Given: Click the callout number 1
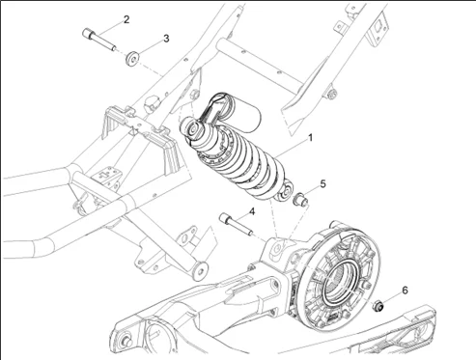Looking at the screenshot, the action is click(x=310, y=138).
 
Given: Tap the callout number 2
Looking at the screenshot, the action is click(x=126, y=19).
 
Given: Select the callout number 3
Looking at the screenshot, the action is click(x=166, y=39).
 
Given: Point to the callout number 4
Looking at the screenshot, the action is click(x=252, y=211).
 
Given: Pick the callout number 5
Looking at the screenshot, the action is click(x=322, y=184).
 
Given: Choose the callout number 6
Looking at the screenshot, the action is click(x=405, y=291).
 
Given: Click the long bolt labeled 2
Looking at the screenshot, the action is click(x=99, y=40).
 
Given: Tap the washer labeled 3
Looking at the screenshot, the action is click(x=132, y=59).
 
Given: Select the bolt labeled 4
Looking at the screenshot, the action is click(x=236, y=224).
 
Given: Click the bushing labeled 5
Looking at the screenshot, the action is click(x=300, y=200).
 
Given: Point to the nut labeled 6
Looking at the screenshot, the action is click(x=378, y=305).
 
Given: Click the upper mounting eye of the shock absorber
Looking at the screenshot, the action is click(x=193, y=128).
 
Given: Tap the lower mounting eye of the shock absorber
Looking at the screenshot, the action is click(x=285, y=192).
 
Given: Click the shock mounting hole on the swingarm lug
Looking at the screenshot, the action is click(x=277, y=248).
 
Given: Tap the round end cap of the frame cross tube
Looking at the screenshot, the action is click(x=200, y=271).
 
